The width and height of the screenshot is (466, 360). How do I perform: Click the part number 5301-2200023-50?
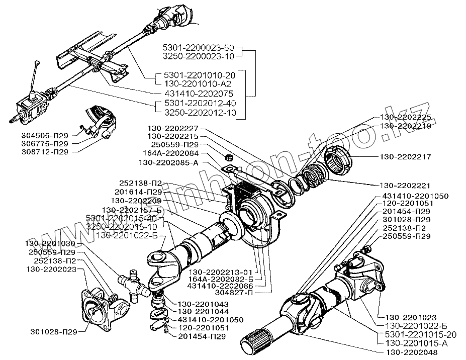[199, 48]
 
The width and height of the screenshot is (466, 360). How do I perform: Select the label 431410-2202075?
[199, 94]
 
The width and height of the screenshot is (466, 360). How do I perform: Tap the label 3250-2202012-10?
[200, 113]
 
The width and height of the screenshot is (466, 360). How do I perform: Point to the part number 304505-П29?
[45, 136]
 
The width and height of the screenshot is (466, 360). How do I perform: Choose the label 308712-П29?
[45, 152]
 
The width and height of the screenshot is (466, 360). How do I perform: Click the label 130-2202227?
[173, 129]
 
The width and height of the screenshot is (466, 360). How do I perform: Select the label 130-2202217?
[405, 157]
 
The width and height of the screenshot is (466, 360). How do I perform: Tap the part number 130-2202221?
[405, 186]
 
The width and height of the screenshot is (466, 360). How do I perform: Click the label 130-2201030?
[50, 244]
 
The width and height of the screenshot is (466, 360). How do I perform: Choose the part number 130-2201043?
[203, 304]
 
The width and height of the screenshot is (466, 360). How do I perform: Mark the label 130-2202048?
[412, 352]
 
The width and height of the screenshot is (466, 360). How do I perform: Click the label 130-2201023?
[411, 317]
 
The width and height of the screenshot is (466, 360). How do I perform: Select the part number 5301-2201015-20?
[421, 335]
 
